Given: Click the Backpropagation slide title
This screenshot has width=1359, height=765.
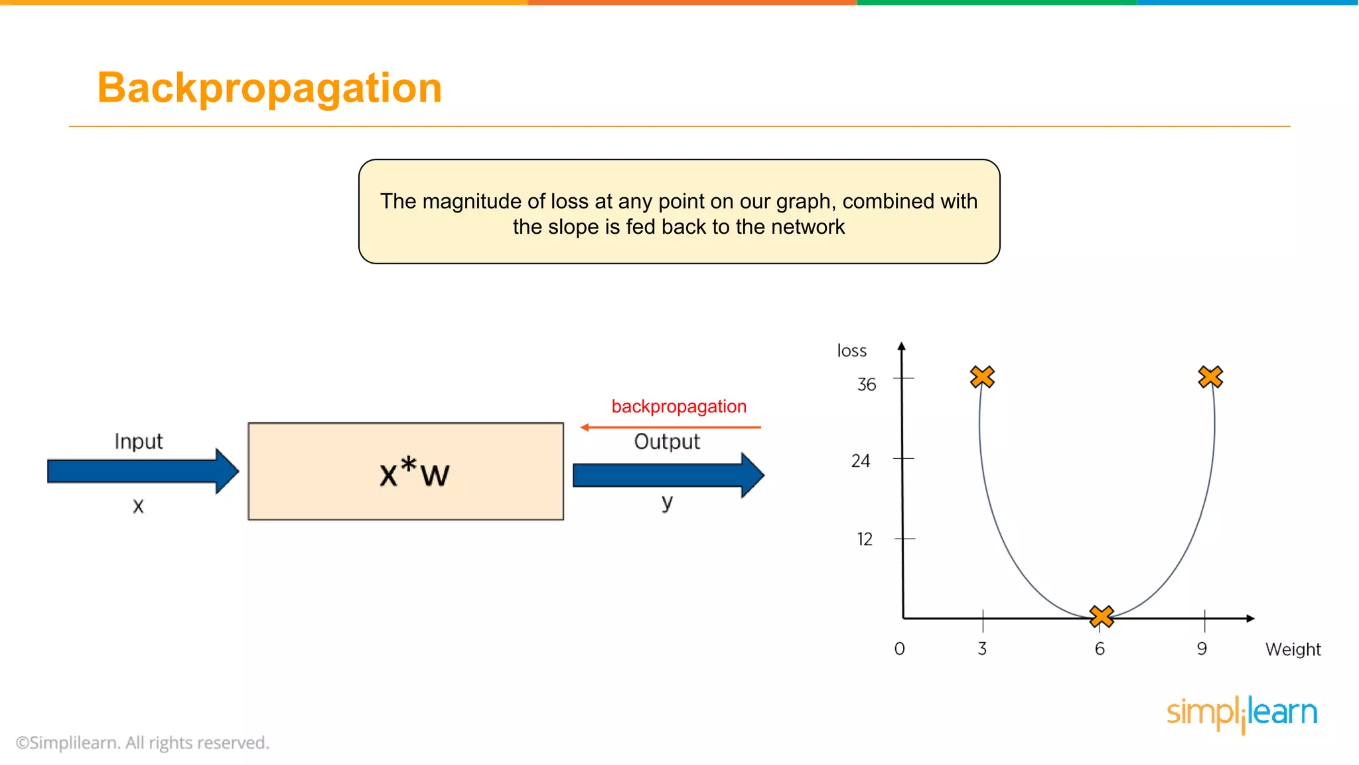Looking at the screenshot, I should click(x=269, y=88).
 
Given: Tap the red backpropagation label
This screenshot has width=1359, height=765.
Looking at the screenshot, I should click(x=679, y=406).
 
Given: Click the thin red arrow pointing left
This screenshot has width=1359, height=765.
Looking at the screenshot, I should click(x=670, y=427).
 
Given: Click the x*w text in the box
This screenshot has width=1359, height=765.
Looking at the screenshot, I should click(x=414, y=472).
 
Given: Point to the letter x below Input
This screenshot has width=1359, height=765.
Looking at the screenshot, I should click(x=138, y=506).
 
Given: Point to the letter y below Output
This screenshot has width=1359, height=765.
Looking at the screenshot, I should click(x=667, y=502).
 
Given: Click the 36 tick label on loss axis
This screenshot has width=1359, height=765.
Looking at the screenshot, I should click(x=867, y=384).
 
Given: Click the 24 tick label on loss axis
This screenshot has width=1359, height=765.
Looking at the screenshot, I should click(x=861, y=461).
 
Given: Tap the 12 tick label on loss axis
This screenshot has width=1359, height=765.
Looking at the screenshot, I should click(x=864, y=539).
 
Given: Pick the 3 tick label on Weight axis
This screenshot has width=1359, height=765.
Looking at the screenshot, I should click(x=982, y=649).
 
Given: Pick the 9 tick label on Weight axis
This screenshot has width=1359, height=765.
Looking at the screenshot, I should click(x=1202, y=649).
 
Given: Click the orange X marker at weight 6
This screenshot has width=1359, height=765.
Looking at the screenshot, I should click(x=1102, y=616).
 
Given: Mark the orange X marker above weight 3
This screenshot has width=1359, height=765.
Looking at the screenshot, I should click(x=982, y=377).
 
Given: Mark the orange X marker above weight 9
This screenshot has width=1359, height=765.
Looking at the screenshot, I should click(x=1210, y=377).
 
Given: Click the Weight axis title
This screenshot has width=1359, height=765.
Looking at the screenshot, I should click(x=1293, y=649).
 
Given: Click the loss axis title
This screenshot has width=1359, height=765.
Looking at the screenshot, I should click(x=851, y=351).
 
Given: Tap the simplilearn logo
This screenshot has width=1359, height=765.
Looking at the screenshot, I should click(x=1242, y=713).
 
